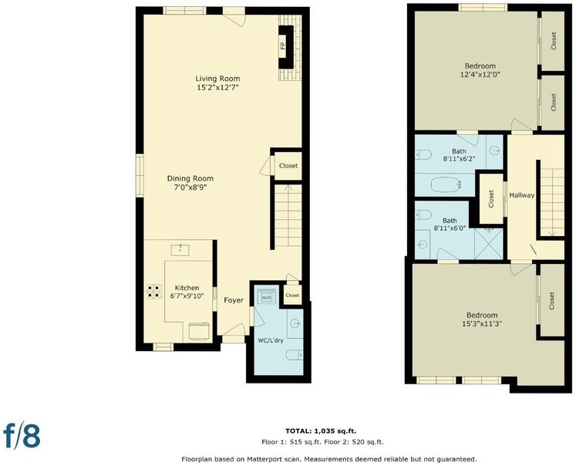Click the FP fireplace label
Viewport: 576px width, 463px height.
tap(282, 46)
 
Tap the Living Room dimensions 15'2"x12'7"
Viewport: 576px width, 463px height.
tap(218, 87)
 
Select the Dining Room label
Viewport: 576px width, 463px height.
tap(190, 178)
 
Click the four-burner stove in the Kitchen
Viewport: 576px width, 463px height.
tap(155, 291)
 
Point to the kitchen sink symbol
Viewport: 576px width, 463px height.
tap(180, 250)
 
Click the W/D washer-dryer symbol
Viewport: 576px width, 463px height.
tap(266, 296)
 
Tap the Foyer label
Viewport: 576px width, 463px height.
tap(234, 300)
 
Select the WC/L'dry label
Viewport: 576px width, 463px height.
tap(271, 340)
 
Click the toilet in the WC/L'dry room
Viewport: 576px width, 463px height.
tap(295, 355)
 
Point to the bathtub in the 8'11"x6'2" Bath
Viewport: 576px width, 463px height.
tap(446, 184)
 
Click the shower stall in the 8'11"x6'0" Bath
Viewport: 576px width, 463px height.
tap(488, 243)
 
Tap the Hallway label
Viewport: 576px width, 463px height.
tap(521, 195)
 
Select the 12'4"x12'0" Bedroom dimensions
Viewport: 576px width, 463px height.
tap(480, 75)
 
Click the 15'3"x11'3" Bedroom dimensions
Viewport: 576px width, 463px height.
tap(482, 324)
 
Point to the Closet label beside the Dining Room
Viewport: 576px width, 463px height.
tap(288, 165)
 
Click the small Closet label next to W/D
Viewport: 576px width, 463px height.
tap(292, 296)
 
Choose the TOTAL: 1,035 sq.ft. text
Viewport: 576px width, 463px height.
tap(321, 431)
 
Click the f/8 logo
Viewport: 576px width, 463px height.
tap(22, 435)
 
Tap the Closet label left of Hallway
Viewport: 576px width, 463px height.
tap(491, 199)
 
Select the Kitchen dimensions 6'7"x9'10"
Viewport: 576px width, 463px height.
tap(187, 296)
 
